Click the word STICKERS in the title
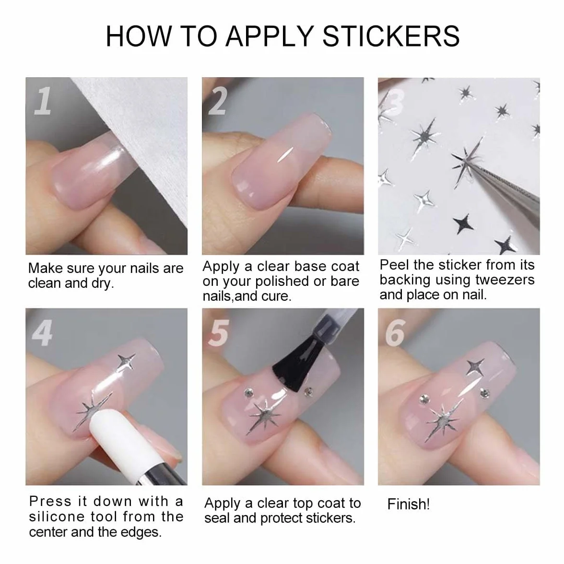[390, 36]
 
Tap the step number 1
[43, 101]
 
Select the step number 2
[218, 101]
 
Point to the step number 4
[42, 333]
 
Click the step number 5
[219, 333]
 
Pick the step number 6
[395, 333]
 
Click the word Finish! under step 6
[408, 505]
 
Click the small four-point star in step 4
[127, 361]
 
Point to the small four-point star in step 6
[475, 367]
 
